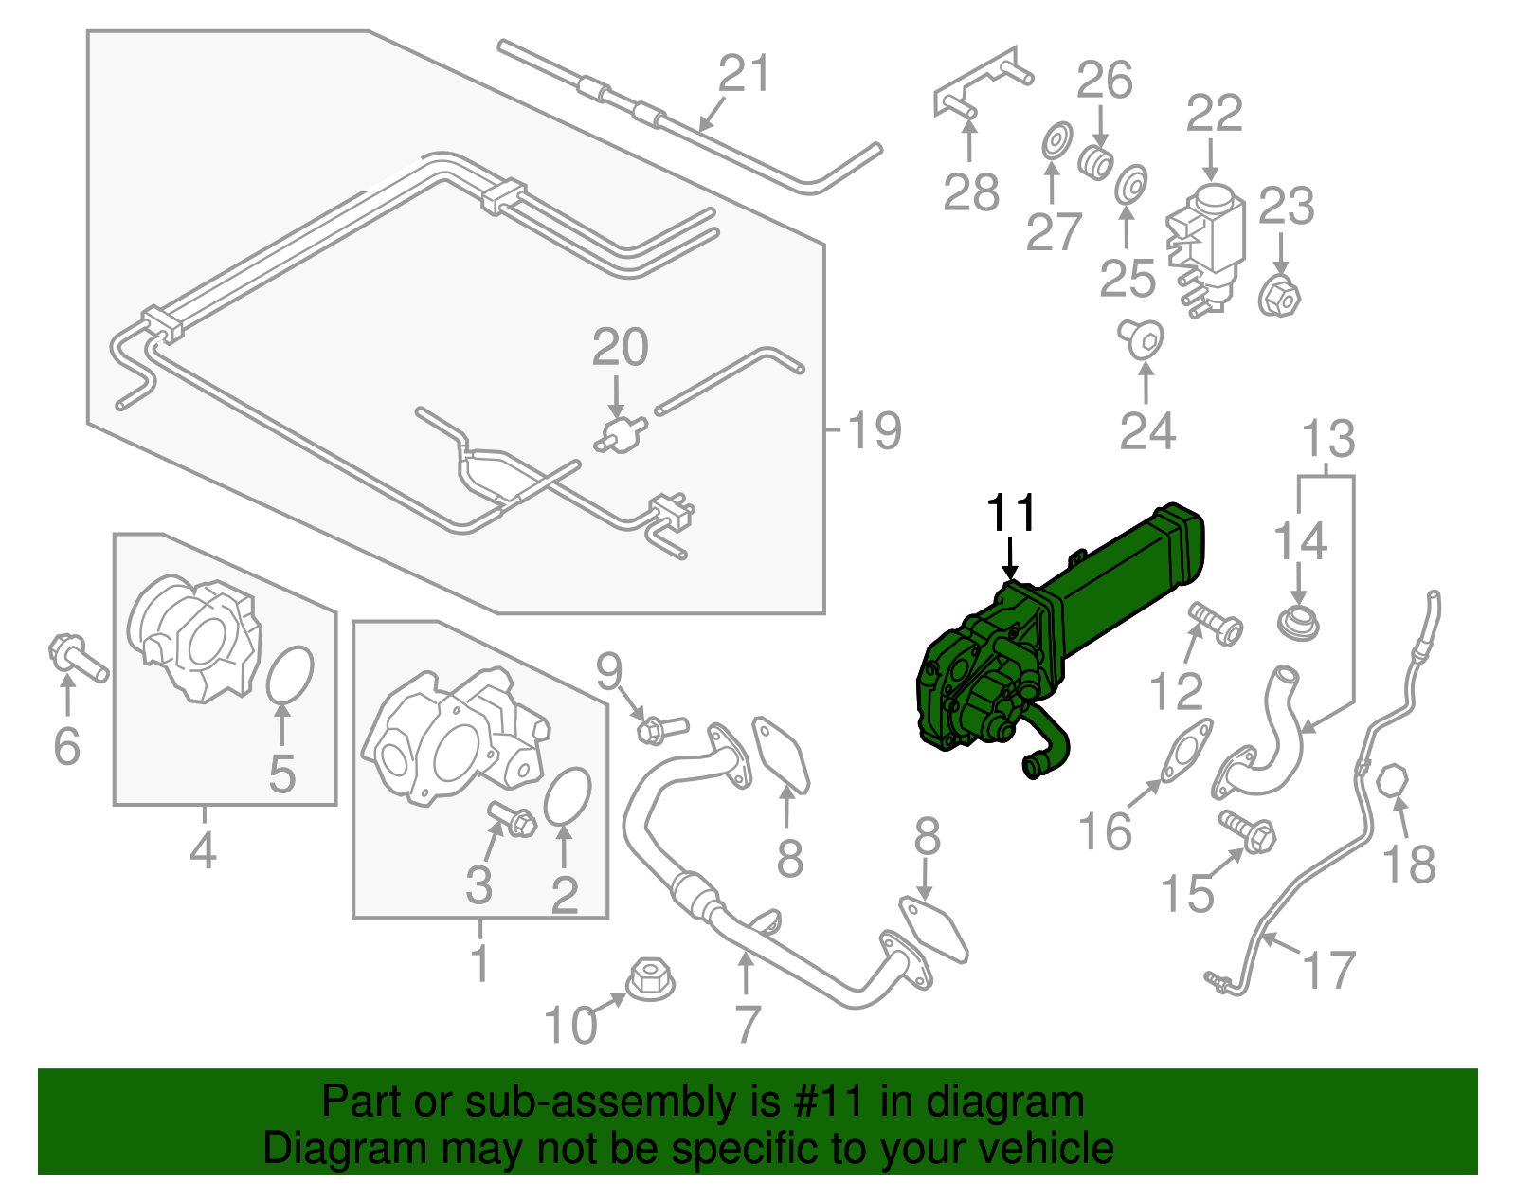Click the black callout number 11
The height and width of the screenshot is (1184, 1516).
[x=1012, y=513]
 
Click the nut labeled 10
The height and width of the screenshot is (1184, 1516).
[x=652, y=978]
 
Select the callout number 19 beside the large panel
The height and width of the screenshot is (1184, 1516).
[x=874, y=431]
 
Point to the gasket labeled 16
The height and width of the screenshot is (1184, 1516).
[x=1187, y=753]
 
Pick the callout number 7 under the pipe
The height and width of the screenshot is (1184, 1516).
[x=748, y=1025]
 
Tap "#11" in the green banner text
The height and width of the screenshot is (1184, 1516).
[x=823, y=1102]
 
